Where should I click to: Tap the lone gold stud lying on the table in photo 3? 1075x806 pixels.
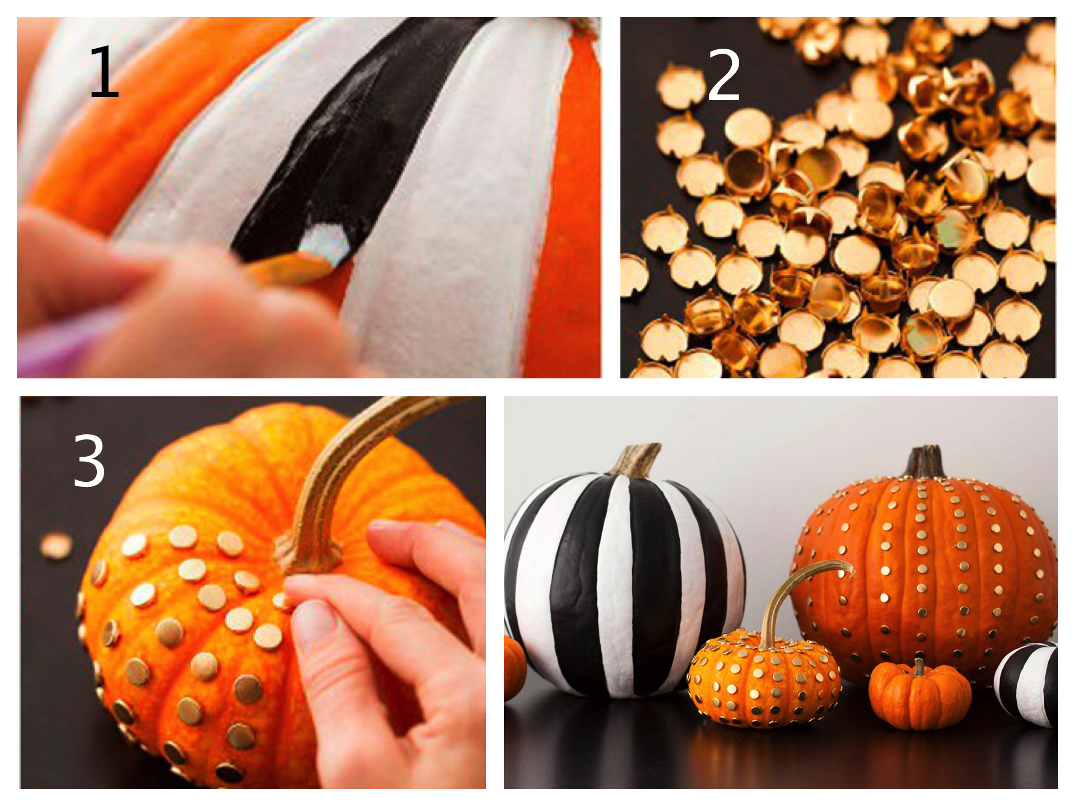(56, 546)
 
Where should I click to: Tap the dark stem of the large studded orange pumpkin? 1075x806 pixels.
(925, 462)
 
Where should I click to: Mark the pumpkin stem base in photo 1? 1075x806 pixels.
(577, 25)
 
